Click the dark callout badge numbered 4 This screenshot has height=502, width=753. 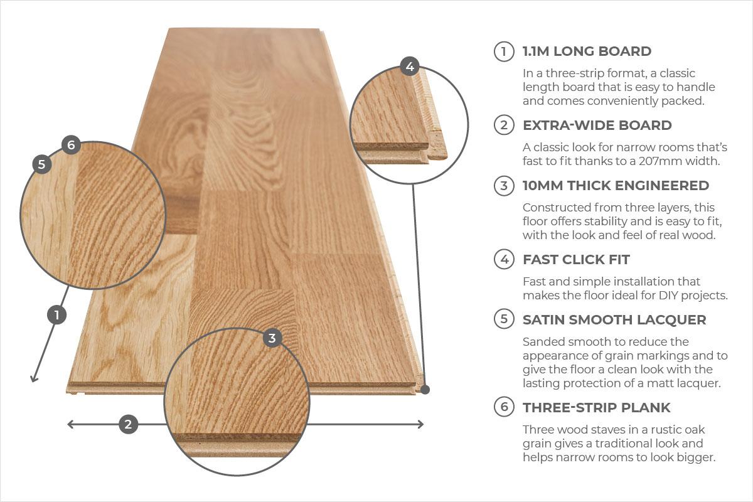[410, 67]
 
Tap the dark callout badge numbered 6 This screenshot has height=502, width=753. [71, 145]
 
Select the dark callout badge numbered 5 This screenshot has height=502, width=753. [41, 164]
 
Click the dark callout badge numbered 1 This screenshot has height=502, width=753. [57, 315]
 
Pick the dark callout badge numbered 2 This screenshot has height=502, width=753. [128, 424]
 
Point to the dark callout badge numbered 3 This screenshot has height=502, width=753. [272, 338]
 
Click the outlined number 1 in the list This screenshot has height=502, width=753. [504, 51]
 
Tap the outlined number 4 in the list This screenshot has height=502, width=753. [504, 259]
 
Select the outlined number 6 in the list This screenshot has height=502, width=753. [504, 407]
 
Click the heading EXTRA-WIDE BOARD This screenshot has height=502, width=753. [597, 125]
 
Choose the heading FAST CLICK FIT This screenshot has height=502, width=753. [576, 259]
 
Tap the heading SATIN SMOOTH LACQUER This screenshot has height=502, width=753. [614, 319]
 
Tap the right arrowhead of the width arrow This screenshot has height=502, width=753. [420, 424]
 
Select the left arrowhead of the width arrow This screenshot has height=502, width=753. [70, 424]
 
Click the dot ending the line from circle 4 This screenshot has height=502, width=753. [425, 390]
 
